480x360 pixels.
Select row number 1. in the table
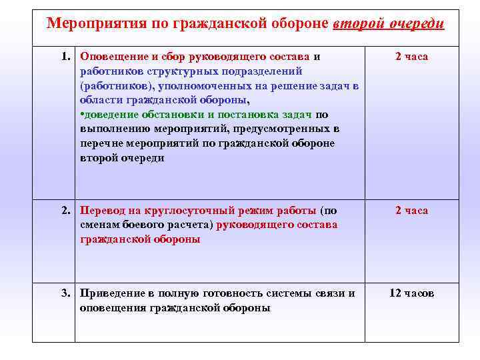[67, 57]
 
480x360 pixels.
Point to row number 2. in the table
[67, 211]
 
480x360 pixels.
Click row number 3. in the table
[67, 293]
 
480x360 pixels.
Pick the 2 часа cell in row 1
[411, 57]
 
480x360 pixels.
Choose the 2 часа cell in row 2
[411, 211]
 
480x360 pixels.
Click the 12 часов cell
[411, 293]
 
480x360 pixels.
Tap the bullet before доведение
[81, 115]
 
